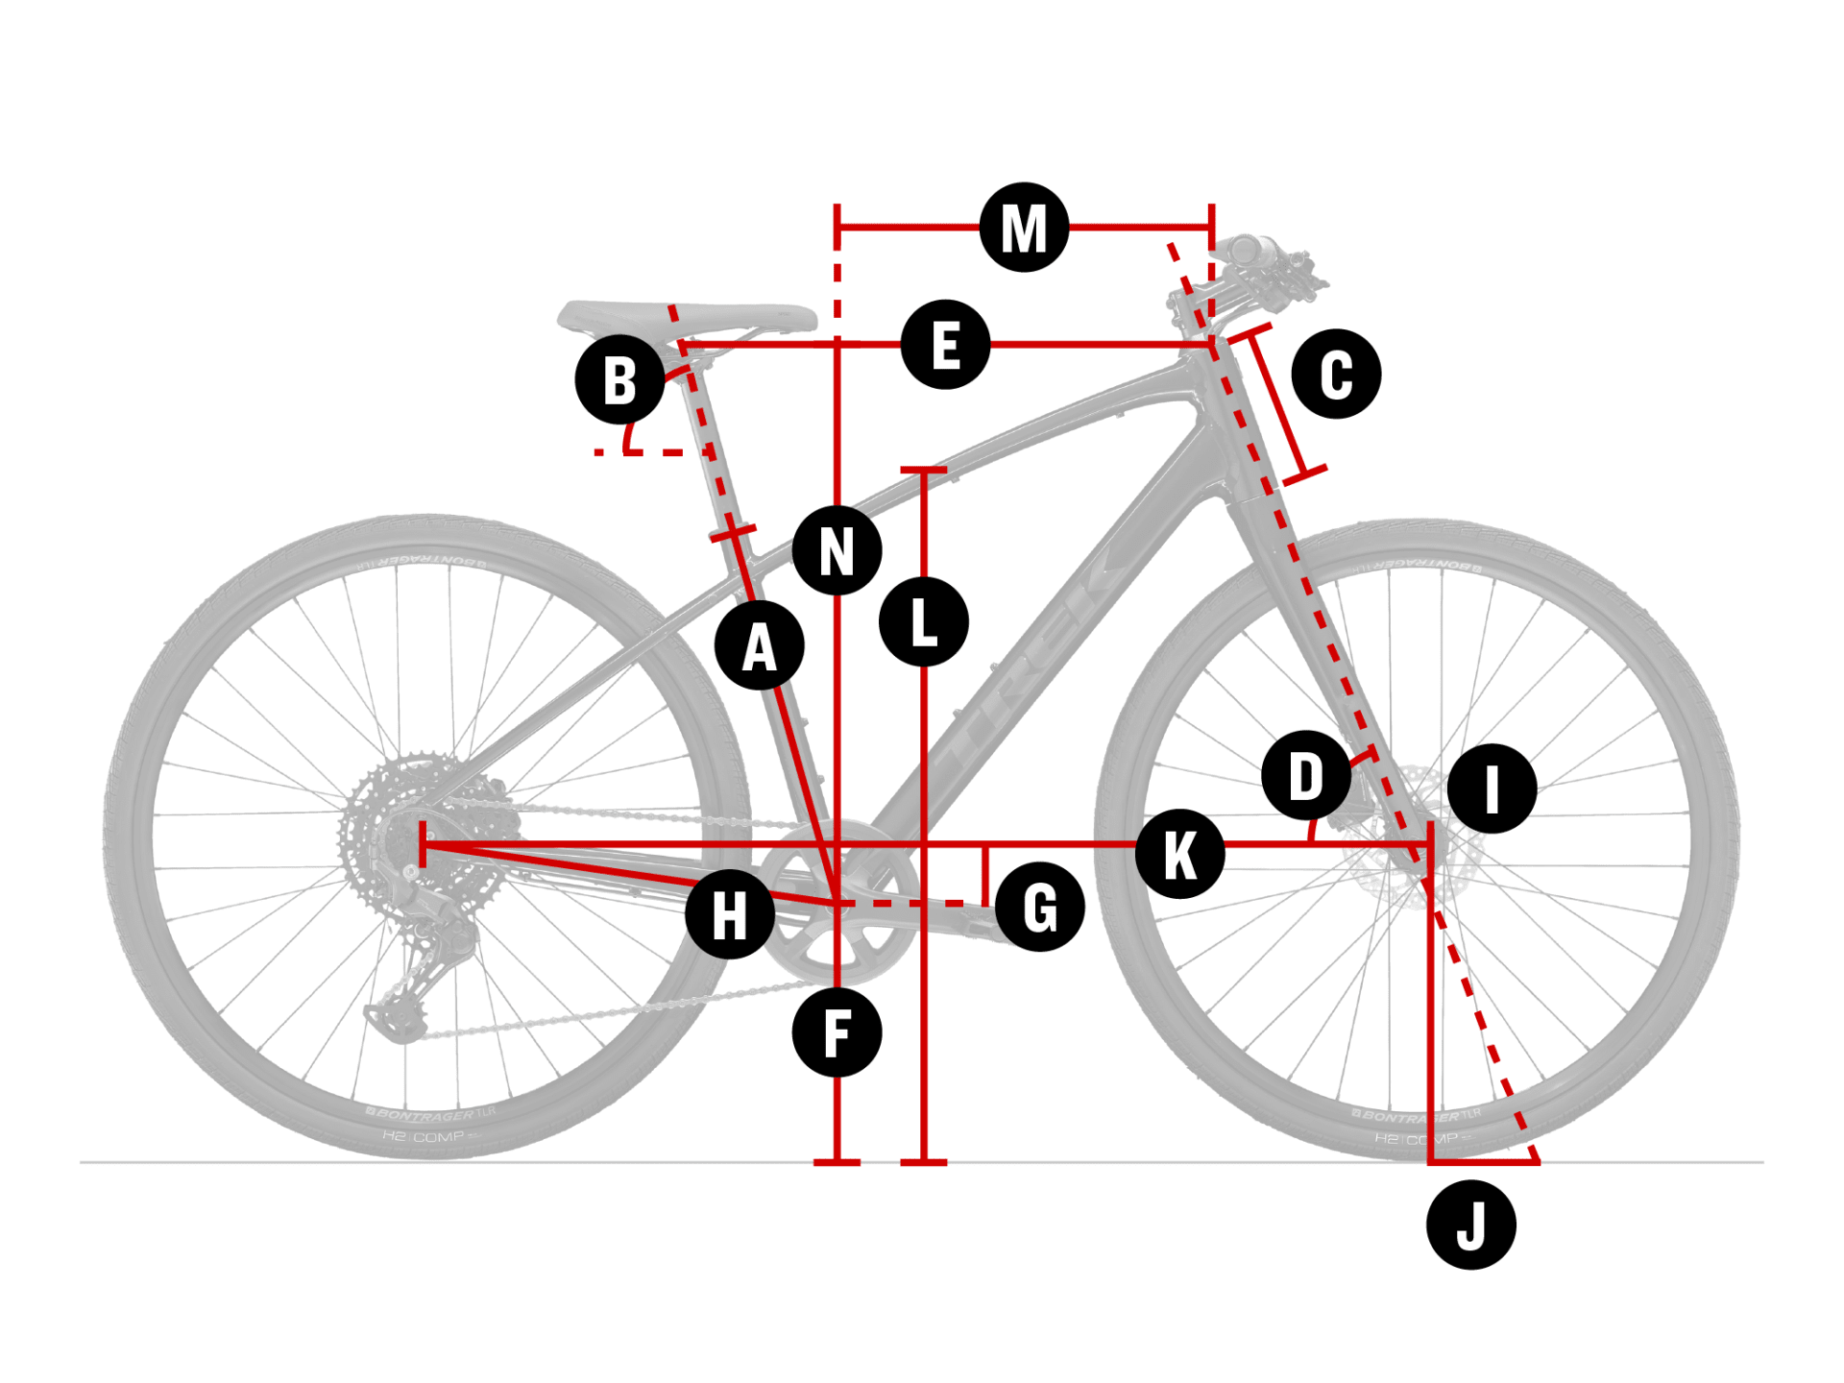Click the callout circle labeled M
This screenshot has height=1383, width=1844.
tap(1024, 228)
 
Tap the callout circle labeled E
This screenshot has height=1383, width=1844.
tap(945, 345)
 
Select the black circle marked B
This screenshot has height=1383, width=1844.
tap(619, 380)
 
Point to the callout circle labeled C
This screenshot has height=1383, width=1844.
tap(1336, 374)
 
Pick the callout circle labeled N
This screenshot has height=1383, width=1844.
tap(837, 550)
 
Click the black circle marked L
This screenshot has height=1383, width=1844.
tap(923, 622)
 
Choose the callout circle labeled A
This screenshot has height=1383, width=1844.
tap(759, 646)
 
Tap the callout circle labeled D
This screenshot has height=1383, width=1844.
tap(1306, 775)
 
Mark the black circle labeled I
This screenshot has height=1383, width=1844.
tap(1492, 789)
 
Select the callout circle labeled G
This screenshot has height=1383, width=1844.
tap(1040, 907)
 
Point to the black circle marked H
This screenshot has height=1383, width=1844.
tap(730, 914)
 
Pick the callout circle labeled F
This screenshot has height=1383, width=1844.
tap(837, 1033)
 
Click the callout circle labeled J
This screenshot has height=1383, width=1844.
tap(1470, 1225)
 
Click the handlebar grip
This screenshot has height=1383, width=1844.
tap(1249, 250)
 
